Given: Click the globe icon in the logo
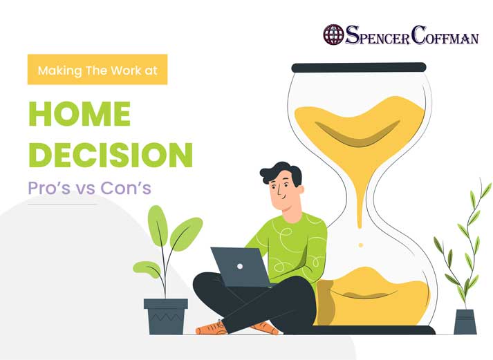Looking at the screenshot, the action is pyautogui.click(x=333, y=35).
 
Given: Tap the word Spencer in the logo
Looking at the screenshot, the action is pyautogui.click(x=378, y=35).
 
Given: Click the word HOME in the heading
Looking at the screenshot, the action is pyautogui.click(x=80, y=114).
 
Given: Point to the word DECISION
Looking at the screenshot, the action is pyautogui.click(x=111, y=155).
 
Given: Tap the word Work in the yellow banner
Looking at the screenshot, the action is pyautogui.click(x=126, y=70).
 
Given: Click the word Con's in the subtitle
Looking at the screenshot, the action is pyautogui.click(x=126, y=188).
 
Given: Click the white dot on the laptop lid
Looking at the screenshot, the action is pyautogui.click(x=240, y=267).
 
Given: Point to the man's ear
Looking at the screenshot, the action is pyautogui.click(x=301, y=191).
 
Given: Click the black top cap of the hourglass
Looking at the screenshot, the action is pyautogui.click(x=359, y=68).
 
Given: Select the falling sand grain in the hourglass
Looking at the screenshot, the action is pyautogui.click(x=361, y=245).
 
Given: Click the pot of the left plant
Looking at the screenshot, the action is pyautogui.click(x=166, y=316).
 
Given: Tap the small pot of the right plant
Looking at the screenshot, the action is pyautogui.click(x=465, y=322).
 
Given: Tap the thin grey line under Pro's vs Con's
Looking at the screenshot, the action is pyautogui.click(x=62, y=205).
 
